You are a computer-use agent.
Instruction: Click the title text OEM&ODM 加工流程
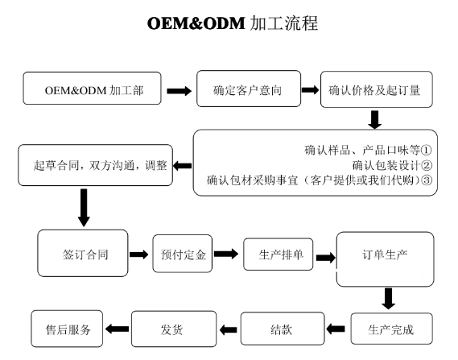(x=233, y=23)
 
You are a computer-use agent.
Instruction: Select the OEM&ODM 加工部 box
(x=92, y=89)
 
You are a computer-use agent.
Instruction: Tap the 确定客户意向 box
(x=249, y=89)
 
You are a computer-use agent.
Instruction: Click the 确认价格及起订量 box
(x=377, y=89)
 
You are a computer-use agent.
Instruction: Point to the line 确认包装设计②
(x=392, y=165)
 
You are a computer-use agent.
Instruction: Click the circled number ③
(x=427, y=180)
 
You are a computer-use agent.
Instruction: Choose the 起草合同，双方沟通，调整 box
(x=96, y=165)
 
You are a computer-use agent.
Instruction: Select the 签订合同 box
(x=83, y=253)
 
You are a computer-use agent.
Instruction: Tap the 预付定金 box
(x=182, y=254)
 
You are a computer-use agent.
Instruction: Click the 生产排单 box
(x=278, y=254)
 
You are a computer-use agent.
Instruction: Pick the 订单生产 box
(x=385, y=259)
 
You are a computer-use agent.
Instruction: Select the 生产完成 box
(x=391, y=329)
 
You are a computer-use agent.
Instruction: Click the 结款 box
(x=283, y=329)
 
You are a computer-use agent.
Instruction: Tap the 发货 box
(x=174, y=329)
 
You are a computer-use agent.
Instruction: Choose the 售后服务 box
(x=67, y=329)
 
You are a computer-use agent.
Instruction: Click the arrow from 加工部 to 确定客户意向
(x=179, y=91)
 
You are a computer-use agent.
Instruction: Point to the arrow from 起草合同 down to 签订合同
(x=84, y=208)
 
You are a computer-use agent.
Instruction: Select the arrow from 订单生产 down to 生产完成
(x=388, y=299)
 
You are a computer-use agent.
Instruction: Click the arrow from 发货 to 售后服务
(x=118, y=329)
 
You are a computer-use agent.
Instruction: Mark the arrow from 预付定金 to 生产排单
(x=226, y=254)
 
